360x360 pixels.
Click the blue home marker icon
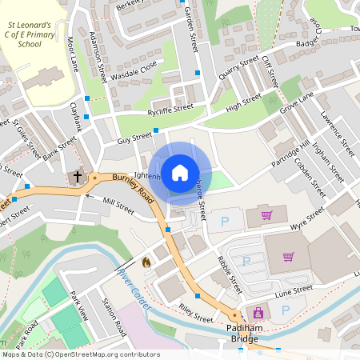tap(180, 172)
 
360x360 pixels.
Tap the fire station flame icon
tap(146, 261)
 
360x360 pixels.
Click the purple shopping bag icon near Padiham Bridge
tap(258, 313)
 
